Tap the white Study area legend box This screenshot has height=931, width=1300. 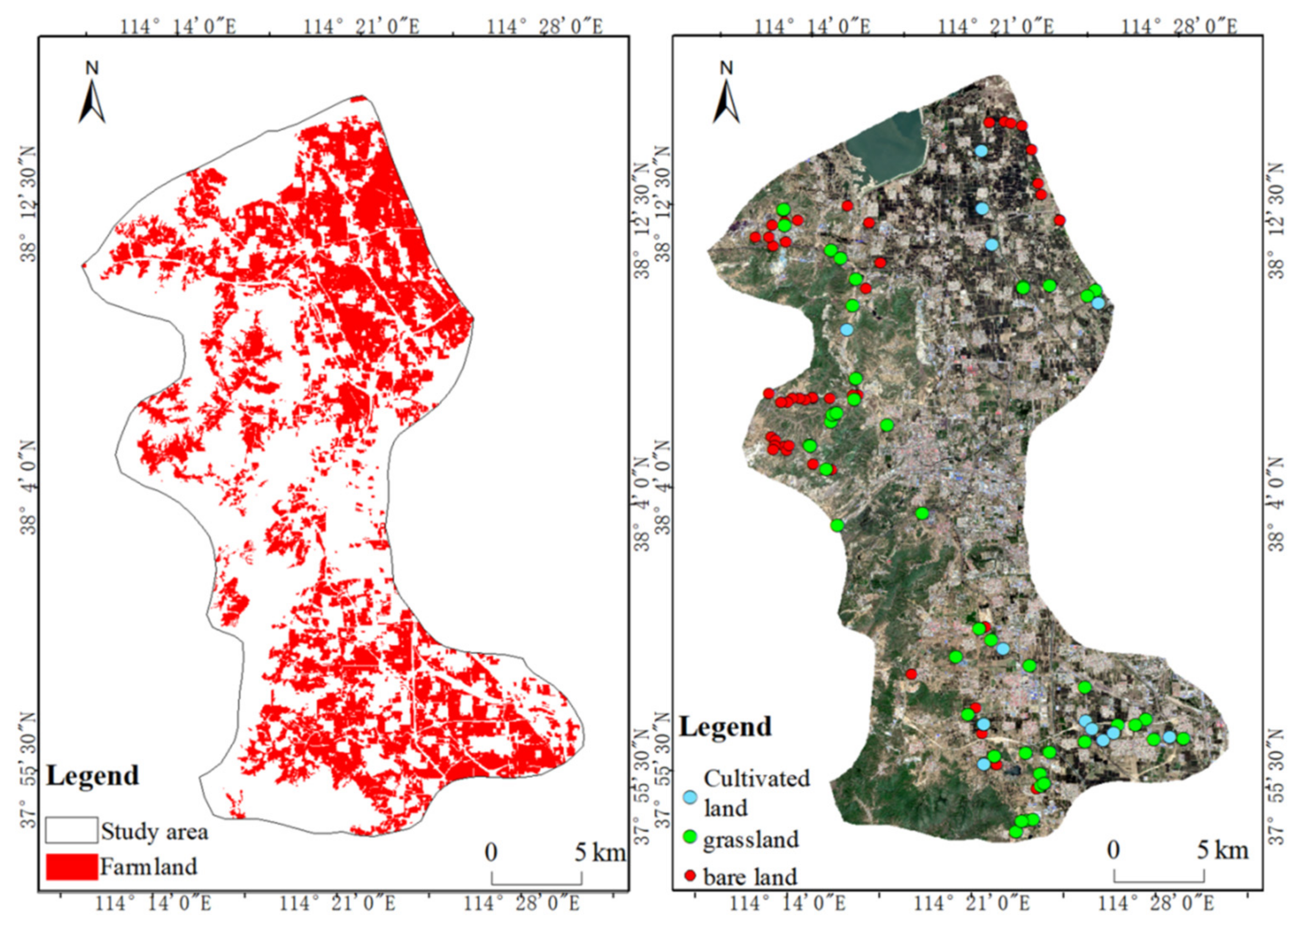[x=72, y=831]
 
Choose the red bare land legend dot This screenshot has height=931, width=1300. [x=691, y=876]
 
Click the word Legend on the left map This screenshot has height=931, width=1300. [x=92, y=776]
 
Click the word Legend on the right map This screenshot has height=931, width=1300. [x=725, y=727]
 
